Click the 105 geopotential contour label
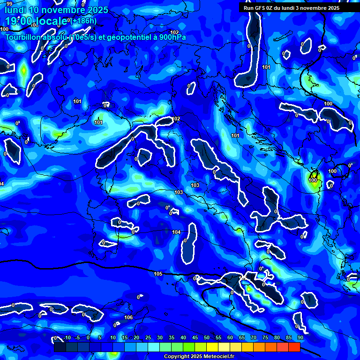point(158,274)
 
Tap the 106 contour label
point(128,317)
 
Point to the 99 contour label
point(9,4)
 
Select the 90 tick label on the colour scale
point(300,337)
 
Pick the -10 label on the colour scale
point(67,337)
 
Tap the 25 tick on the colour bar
point(148,337)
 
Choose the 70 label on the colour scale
point(254,337)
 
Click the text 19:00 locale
point(37,21)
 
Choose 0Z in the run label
point(272,8)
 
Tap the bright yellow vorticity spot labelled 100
point(313,180)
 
